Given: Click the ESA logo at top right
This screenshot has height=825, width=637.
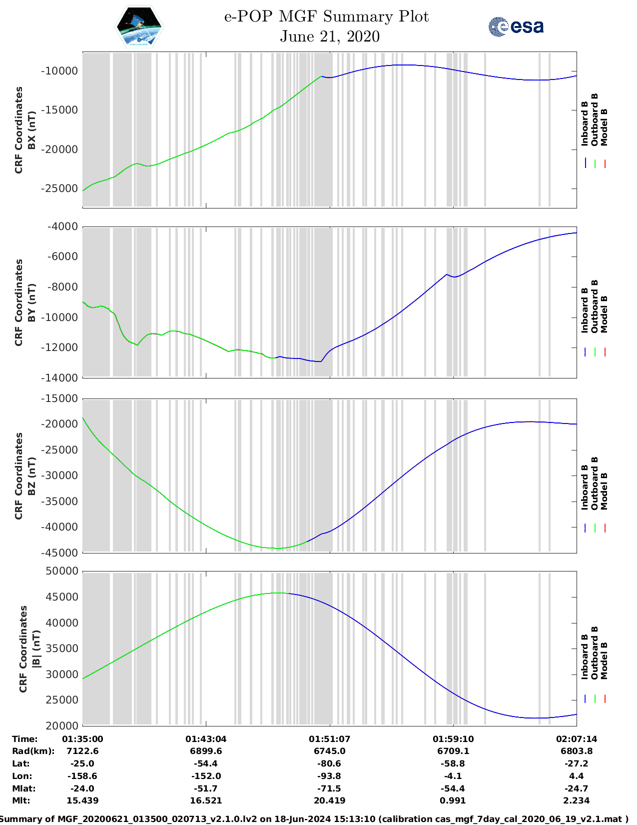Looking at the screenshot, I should [x=516, y=26].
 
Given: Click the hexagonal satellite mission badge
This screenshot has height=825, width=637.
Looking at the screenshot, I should [x=139, y=26].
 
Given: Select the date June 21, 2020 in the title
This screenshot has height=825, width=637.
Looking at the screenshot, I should [x=329, y=36].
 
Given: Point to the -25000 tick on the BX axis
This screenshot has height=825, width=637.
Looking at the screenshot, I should [x=59, y=188].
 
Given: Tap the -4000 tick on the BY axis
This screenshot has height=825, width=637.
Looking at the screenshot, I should [x=62, y=226].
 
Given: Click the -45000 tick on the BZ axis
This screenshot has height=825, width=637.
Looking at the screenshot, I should [x=59, y=552].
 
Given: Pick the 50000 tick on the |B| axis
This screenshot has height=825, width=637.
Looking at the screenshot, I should [x=62, y=571].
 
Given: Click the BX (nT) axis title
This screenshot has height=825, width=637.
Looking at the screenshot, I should [x=32, y=130].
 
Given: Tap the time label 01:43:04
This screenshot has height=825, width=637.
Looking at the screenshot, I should [x=206, y=739].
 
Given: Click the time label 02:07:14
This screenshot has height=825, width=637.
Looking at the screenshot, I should [x=577, y=739].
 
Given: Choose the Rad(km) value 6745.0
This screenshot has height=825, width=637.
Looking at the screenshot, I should [x=329, y=751].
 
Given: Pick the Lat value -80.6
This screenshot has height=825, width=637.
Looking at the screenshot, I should [x=329, y=763].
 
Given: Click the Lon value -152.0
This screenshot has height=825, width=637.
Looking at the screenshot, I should [x=206, y=776].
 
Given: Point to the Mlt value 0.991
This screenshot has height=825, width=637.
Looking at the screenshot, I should [x=453, y=800].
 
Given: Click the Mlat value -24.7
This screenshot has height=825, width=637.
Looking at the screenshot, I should [x=577, y=788].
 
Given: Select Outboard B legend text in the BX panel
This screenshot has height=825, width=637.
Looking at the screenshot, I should [x=595, y=120].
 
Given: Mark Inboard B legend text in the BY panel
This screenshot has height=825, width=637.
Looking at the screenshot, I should [x=585, y=310].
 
